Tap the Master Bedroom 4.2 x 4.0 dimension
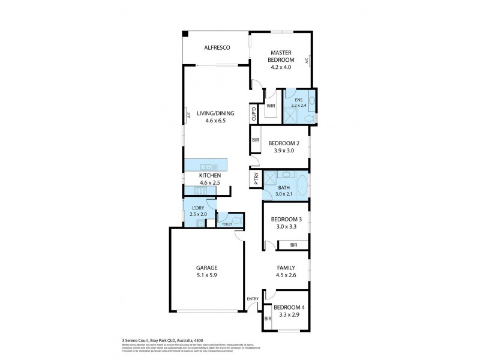(x=281, y=67)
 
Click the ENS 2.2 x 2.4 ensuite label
(x=298, y=103)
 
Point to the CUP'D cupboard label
(x=254, y=113)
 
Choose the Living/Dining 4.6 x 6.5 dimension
(x=215, y=121)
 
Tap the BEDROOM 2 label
(x=283, y=143)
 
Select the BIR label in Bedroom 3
(x=293, y=245)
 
